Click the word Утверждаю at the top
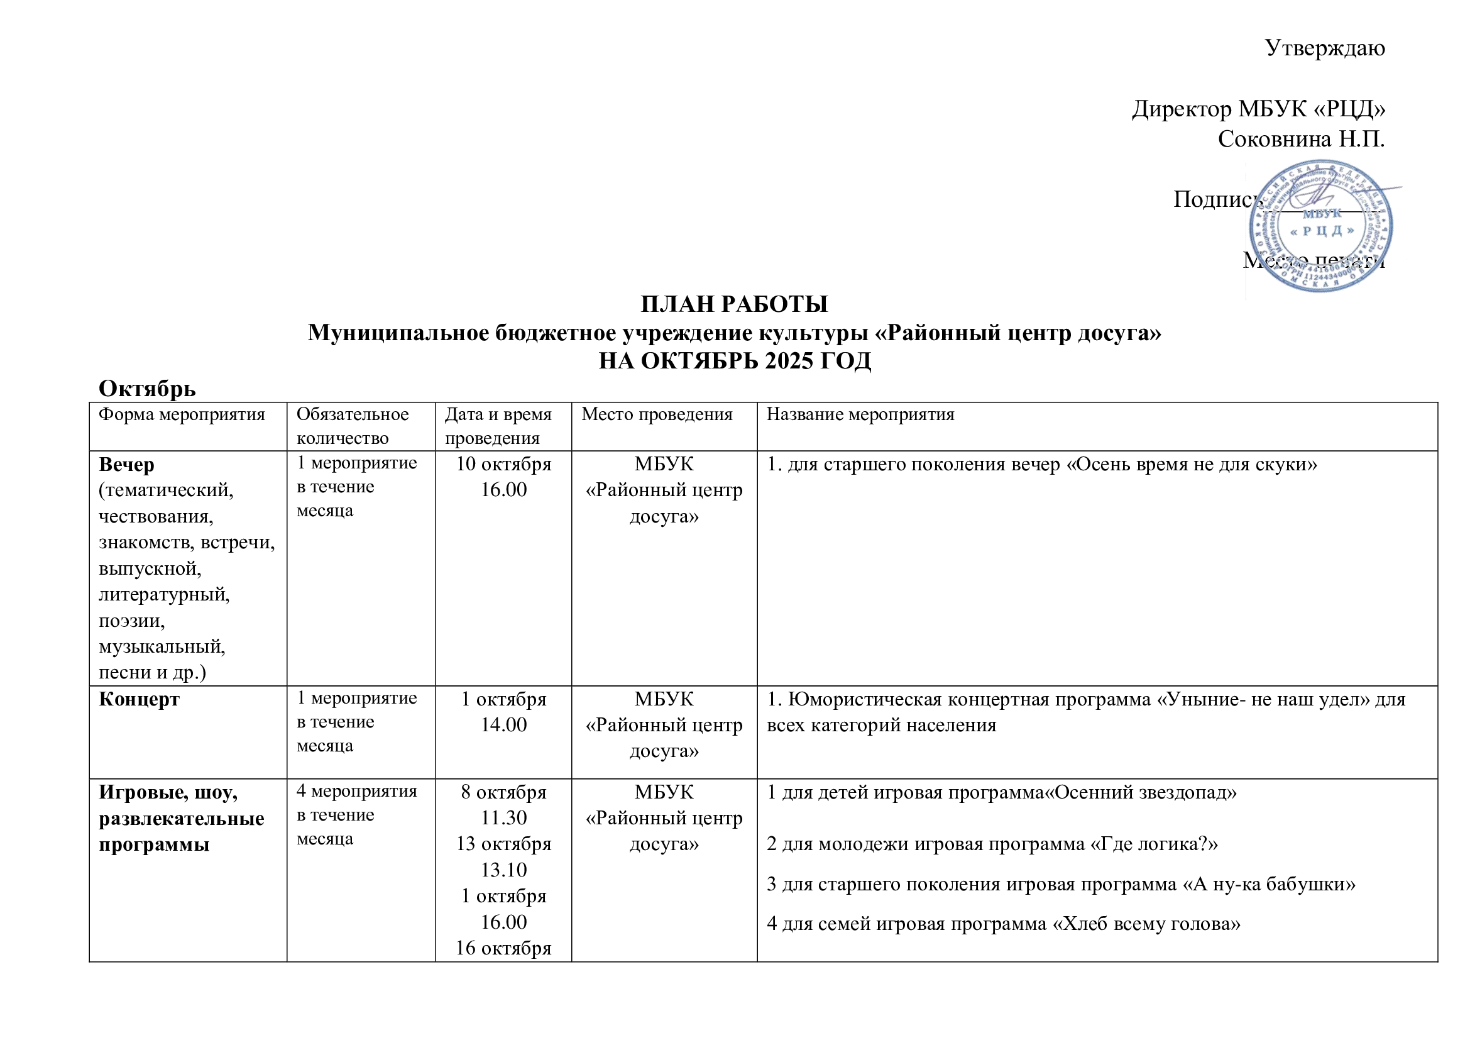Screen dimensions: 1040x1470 pos(1325,48)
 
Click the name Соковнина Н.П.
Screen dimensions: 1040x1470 pos(1301,139)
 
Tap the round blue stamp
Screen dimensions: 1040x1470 pos(1321,226)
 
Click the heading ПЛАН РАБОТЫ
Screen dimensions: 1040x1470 pos(734,304)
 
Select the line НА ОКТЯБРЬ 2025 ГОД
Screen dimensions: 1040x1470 pos(734,361)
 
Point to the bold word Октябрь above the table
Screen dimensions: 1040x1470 pos(147,389)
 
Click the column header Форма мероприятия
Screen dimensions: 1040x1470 pos(182,414)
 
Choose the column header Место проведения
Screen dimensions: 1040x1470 pos(657,414)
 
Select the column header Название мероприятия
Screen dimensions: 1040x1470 pos(860,414)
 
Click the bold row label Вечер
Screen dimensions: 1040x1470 pos(127,464)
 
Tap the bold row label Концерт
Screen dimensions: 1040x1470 pos(139,699)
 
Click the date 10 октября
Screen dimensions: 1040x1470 pos(504,463)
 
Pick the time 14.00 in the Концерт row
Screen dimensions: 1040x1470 pos(504,725)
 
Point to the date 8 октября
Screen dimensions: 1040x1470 pos(504,792)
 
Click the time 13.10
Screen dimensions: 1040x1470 pos(504,870)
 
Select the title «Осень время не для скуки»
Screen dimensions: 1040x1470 pos(1192,464)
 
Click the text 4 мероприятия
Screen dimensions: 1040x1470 pos(356,791)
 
